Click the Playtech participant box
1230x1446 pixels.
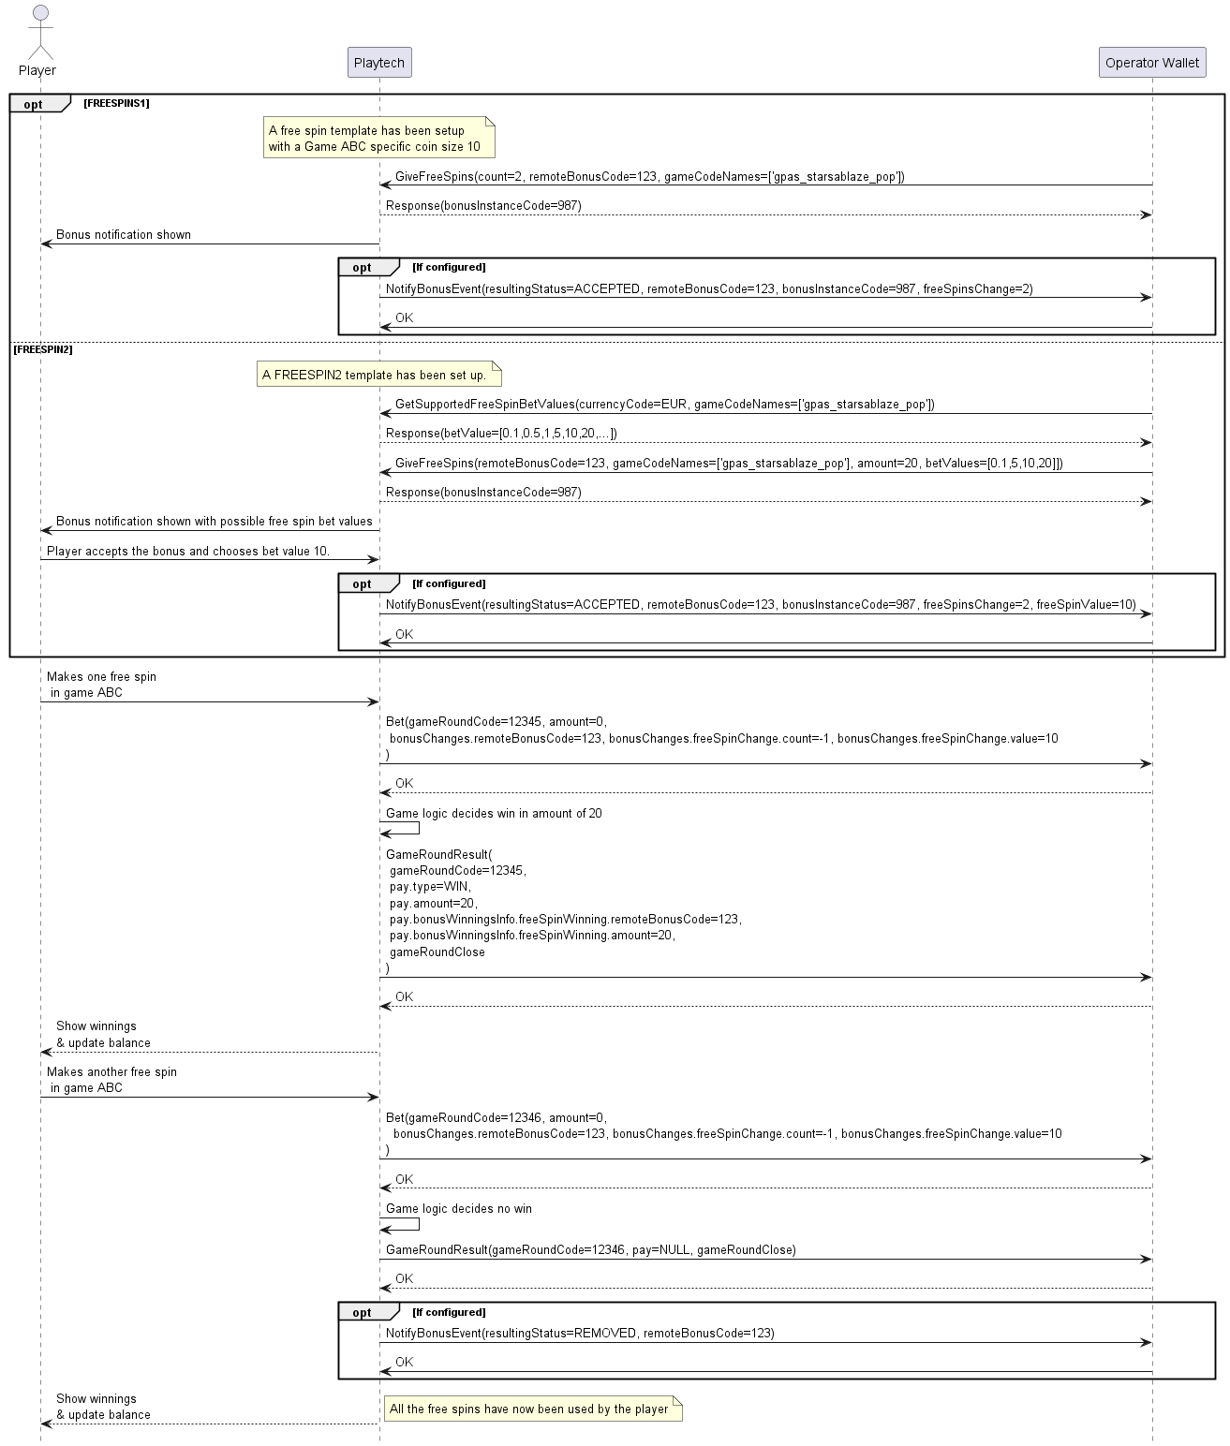(378, 63)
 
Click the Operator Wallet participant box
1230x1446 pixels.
(1151, 63)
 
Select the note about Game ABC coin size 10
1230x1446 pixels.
(378, 139)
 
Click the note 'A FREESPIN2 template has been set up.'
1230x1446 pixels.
(378, 376)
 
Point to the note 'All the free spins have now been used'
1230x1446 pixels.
(531, 1409)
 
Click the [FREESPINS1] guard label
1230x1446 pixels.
(116, 103)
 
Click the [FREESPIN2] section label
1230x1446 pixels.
(43, 349)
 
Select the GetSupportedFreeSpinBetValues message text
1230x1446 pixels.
(664, 405)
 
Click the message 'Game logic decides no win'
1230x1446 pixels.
(458, 1209)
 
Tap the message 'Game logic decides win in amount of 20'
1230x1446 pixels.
(494, 814)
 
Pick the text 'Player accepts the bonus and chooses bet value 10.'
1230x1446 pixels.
(188, 552)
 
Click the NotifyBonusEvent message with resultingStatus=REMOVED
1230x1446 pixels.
(580, 1334)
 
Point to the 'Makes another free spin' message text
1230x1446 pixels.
(111, 1072)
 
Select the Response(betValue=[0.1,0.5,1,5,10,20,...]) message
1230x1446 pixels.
(501, 434)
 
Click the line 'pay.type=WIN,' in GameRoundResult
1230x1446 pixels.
(430, 887)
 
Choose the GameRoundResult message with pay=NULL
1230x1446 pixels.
(590, 1250)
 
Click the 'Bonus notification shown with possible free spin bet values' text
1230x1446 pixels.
(214, 522)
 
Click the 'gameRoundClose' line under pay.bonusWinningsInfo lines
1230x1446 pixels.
(437, 952)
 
